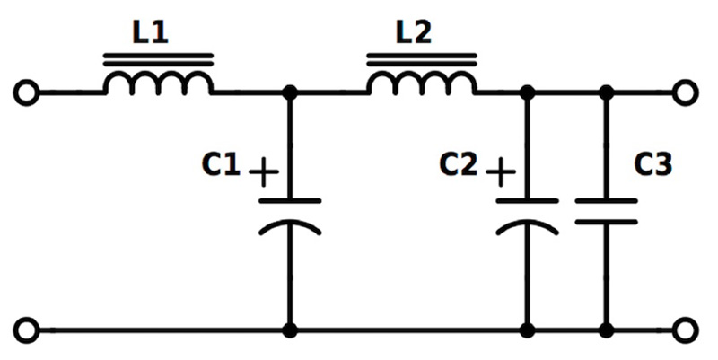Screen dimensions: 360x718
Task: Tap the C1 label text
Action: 222,165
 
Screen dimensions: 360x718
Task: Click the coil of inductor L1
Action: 158,83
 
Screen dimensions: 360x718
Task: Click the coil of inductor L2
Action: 421,83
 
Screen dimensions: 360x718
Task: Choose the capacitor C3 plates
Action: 607,210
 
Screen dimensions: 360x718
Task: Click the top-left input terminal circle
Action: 28,92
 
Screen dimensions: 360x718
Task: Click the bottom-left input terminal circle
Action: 28,330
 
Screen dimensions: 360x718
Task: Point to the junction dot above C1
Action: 290,92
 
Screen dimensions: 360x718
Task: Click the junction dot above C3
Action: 607,92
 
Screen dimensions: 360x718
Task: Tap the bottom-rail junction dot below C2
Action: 528,330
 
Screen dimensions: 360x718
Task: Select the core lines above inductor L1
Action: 158,60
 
